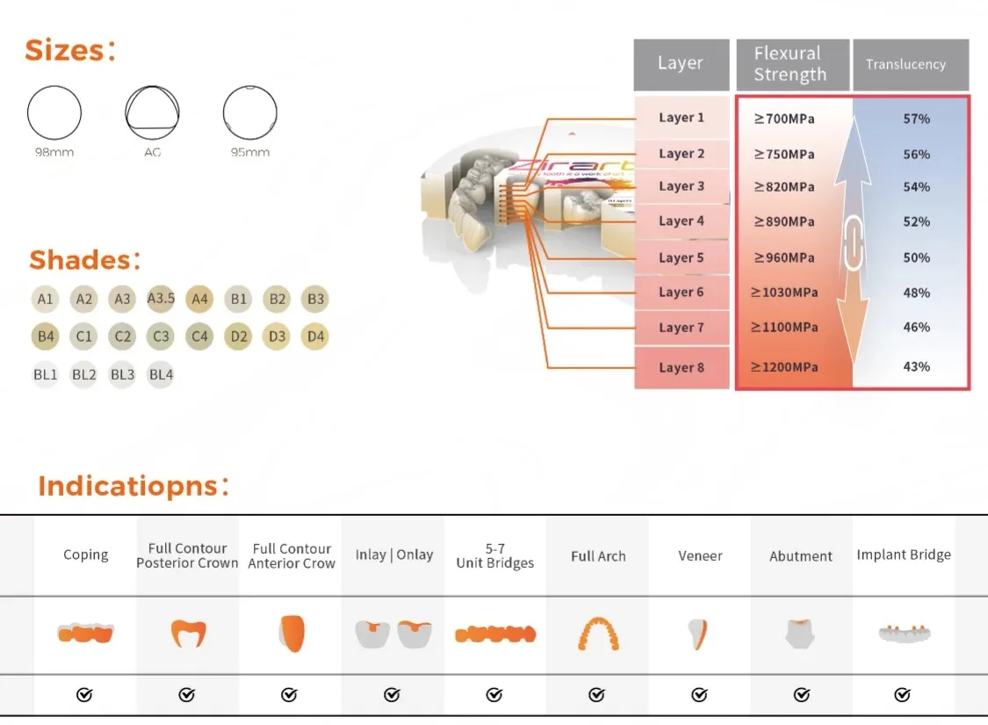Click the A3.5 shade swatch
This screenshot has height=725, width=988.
pyautogui.click(x=161, y=298)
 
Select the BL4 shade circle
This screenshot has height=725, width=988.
pyautogui.click(x=161, y=374)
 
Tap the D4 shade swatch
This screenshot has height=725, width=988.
pyautogui.click(x=315, y=336)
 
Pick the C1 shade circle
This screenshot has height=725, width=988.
pyautogui.click(x=83, y=336)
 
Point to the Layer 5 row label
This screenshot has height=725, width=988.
pyautogui.click(x=682, y=257)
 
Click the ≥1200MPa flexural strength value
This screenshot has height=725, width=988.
pyautogui.click(x=784, y=367)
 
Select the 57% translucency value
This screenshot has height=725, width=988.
pyautogui.click(x=916, y=119)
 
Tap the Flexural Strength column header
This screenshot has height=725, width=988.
pyautogui.click(x=790, y=63)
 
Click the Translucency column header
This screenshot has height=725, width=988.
pyautogui.click(x=905, y=64)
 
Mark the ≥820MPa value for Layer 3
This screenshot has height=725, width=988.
pyautogui.click(x=784, y=186)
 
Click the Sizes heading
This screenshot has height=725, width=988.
pyautogui.click(x=70, y=50)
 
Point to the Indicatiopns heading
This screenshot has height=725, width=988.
pyautogui.click(x=133, y=486)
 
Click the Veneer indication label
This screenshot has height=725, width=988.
pyautogui.click(x=700, y=555)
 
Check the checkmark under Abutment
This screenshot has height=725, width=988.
pyautogui.click(x=802, y=695)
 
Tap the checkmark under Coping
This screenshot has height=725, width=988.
pyautogui.click(x=84, y=695)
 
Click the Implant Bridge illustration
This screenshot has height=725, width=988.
pyautogui.click(x=905, y=633)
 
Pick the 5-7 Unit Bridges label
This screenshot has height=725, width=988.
pyautogui.click(x=495, y=555)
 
